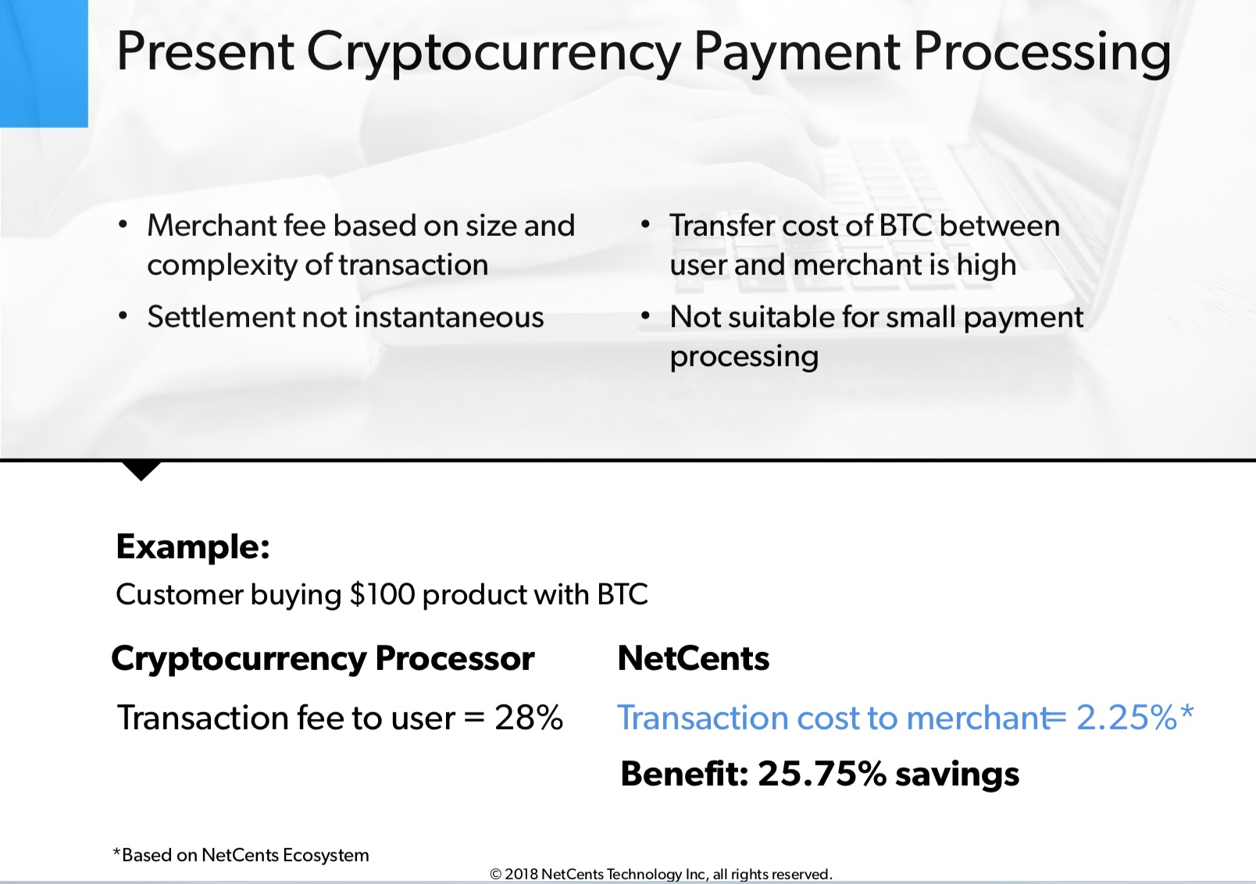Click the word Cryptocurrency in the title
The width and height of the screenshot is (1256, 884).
(x=493, y=52)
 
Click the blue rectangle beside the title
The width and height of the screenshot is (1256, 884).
(x=44, y=62)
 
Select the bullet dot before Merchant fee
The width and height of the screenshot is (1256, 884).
(x=123, y=225)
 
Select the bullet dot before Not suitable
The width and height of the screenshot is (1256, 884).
(x=645, y=316)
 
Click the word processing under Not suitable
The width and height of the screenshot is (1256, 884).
(x=744, y=356)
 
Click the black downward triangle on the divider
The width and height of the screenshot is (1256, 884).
(x=141, y=470)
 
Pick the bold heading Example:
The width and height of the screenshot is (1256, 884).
(x=193, y=547)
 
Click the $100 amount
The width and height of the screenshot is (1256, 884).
(x=382, y=594)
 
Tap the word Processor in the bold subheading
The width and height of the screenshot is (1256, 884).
(x=455, y=658)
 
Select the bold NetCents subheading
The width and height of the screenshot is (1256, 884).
(x=693, y=658)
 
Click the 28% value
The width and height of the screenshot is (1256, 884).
(x=528, y=718)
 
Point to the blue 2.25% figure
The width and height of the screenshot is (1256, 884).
(x=1126, y=718)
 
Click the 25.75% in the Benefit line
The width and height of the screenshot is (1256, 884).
(x=821, y=774)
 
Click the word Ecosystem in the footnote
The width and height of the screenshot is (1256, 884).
(x=325, y=855)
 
